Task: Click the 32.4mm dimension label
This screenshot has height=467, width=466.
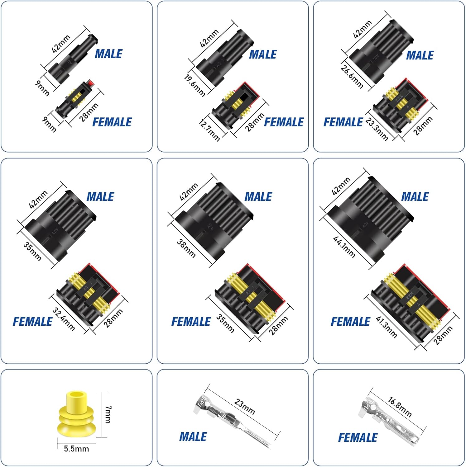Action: [64, 319]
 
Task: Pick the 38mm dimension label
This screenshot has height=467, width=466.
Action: [186, 248]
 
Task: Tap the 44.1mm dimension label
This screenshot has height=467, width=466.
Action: [344, 247]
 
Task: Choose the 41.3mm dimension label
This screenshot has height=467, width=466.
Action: [387, 327]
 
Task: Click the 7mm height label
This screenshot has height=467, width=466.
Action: [108, 414]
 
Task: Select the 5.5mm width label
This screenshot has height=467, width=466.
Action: [76, 449]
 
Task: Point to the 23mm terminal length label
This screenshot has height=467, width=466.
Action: [245, 407]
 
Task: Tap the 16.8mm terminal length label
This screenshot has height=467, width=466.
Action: [400, 407]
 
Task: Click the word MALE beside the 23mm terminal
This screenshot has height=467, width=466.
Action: [193, 437]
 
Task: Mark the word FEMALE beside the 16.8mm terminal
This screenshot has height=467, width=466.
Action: [358, 438]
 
